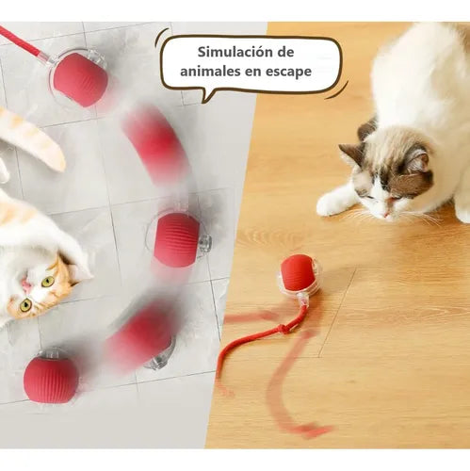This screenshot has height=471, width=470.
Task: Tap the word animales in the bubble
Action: pos(206,72)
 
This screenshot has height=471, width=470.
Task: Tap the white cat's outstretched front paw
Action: pos(334,202)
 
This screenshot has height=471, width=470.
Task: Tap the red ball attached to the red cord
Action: pos(80,78)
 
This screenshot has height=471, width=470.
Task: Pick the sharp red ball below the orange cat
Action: pos(51,379)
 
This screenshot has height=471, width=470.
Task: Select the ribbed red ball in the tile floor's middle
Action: pos(177,238)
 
